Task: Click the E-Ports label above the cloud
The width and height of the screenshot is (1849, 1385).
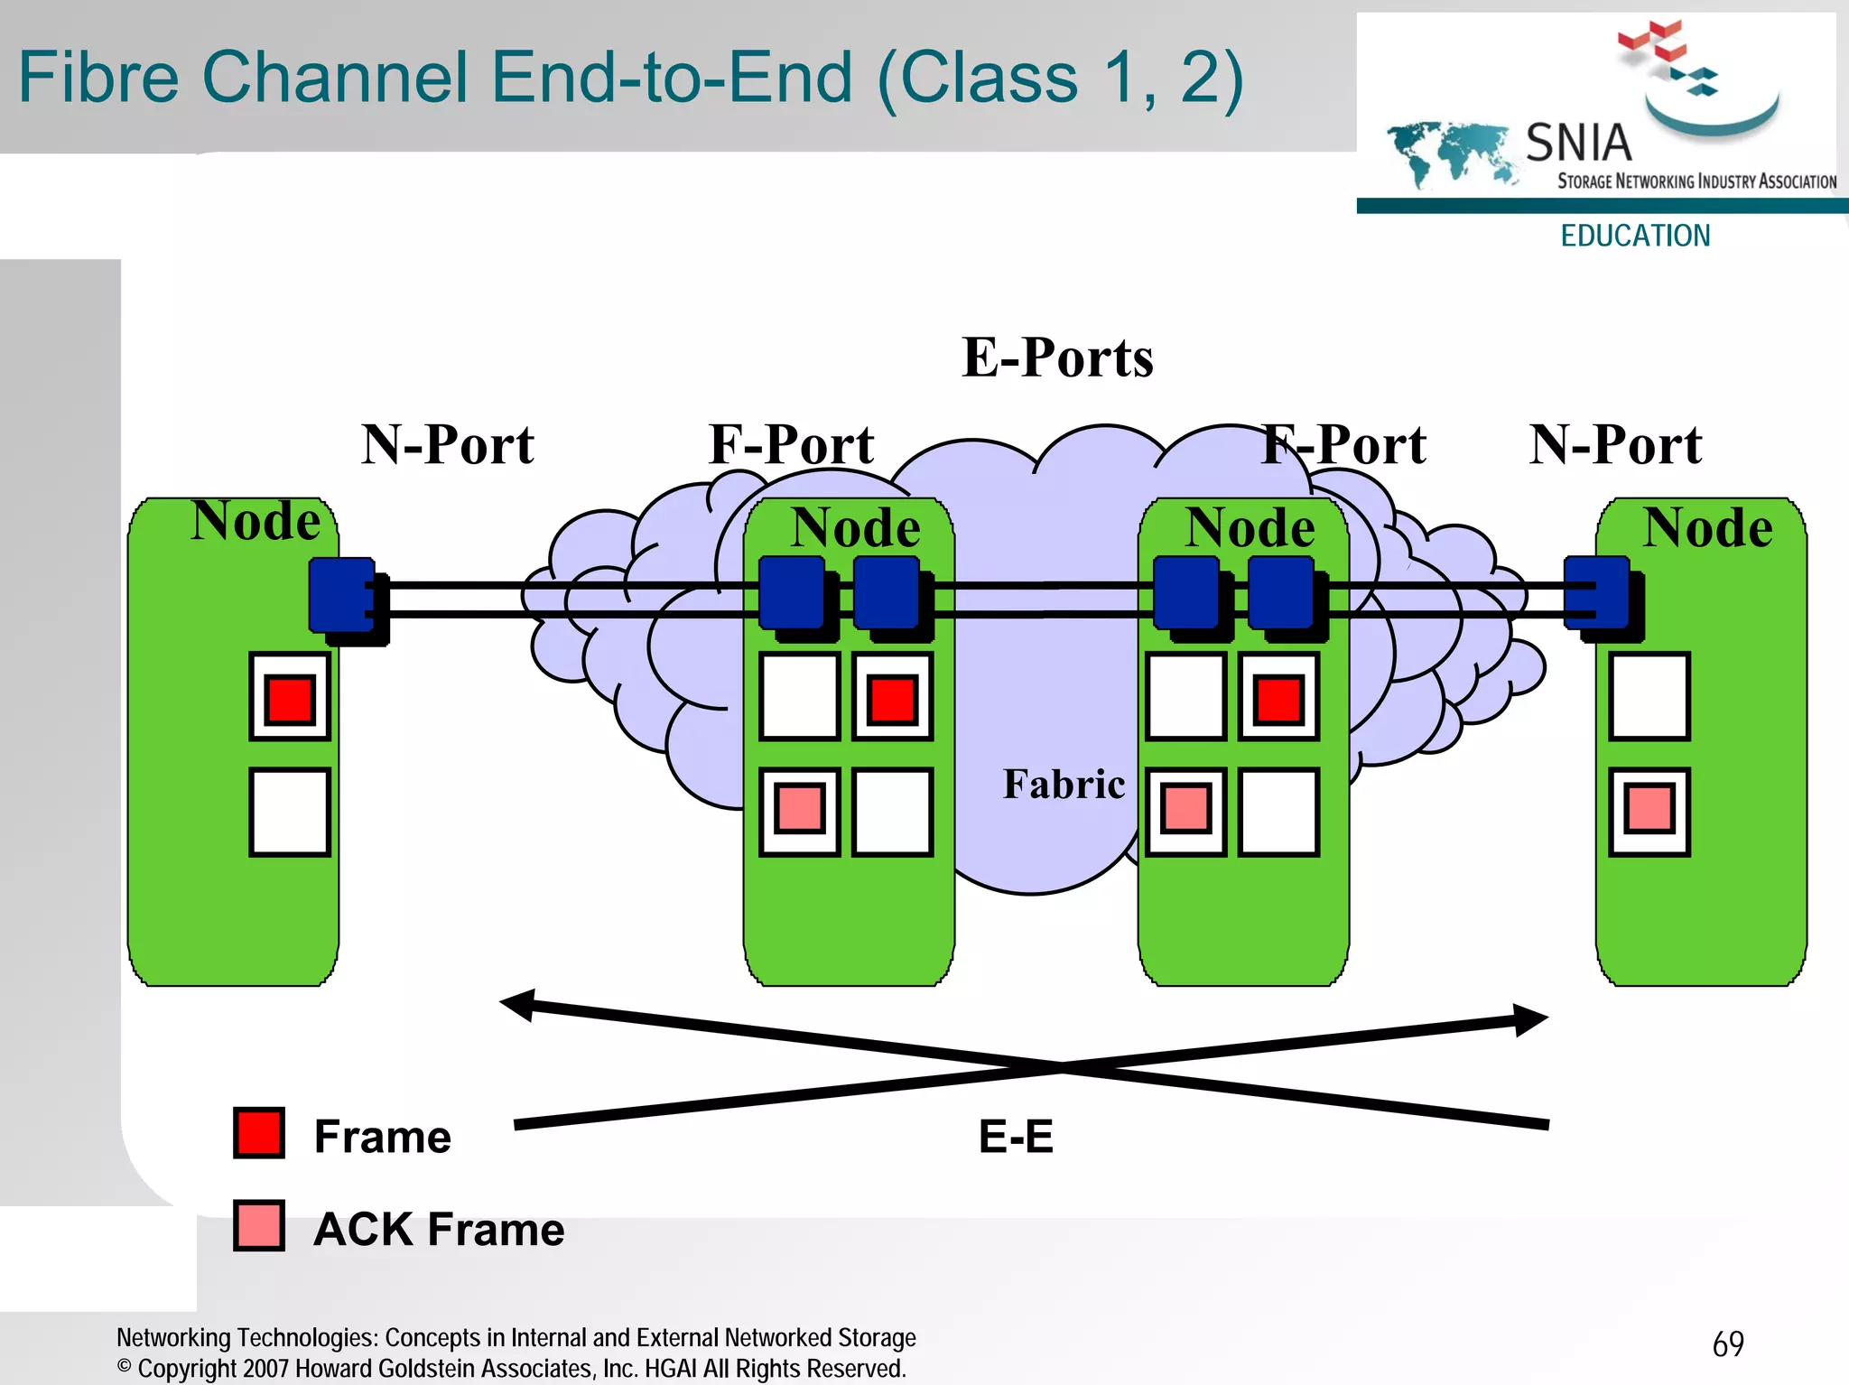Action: click(1057, 358)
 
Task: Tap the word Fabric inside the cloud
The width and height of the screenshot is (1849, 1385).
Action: click(1064, 784)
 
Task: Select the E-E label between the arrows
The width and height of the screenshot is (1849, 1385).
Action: click(1016, 1136)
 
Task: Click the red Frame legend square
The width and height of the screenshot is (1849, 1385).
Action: click(259, 1132)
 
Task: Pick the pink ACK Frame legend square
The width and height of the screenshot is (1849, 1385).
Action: click(259, 1225)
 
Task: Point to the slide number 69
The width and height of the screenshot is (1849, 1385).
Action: click(1727, 1344)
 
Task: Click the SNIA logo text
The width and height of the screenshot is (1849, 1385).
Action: click(1578, 143)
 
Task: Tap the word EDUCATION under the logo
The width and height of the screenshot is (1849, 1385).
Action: click(1635, 236)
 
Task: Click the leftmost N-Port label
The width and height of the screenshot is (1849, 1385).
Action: click(448, 444)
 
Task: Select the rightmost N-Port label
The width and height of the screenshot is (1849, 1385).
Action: click(1615, 444)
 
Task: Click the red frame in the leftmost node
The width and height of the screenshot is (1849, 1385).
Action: click(290, 699)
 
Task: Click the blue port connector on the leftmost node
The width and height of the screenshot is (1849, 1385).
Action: click(343, 596)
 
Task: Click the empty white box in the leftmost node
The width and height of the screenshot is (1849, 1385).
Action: click(290, 811)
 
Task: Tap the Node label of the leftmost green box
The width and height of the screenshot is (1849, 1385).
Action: click(256, 521)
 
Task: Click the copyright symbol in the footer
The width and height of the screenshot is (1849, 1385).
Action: click(125, 1366)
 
